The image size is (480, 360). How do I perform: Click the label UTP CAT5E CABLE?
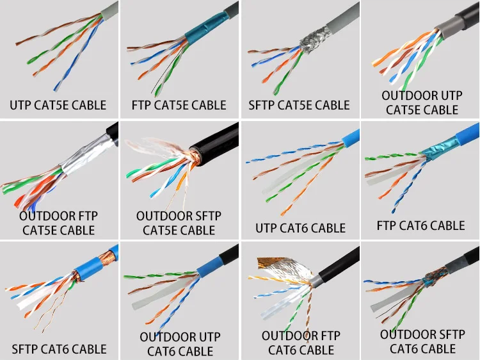[58, 105]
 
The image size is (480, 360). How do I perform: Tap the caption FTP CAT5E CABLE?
[179, 105]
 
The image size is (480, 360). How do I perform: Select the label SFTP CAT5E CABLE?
[300, 105]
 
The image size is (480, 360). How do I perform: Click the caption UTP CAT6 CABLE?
[300, 228]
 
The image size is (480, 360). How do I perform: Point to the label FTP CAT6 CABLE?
[420, 225]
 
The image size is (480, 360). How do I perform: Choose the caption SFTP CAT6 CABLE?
[60, 349]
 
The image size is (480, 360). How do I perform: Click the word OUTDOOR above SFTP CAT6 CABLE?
[409, 334]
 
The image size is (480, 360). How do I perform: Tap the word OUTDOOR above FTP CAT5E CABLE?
[58, 215]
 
